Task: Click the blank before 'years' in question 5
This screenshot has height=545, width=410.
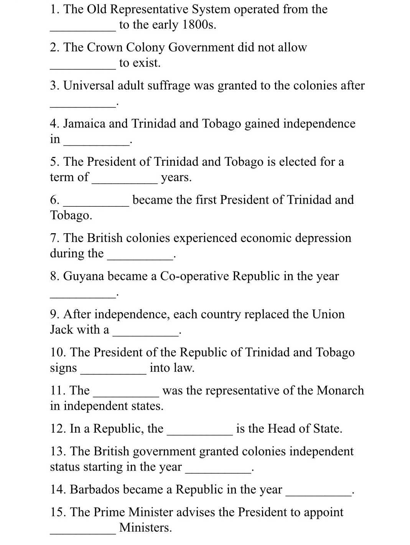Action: (124, 181)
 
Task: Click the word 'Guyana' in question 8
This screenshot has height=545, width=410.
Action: (83, 276)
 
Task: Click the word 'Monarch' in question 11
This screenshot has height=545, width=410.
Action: (341, 390)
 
